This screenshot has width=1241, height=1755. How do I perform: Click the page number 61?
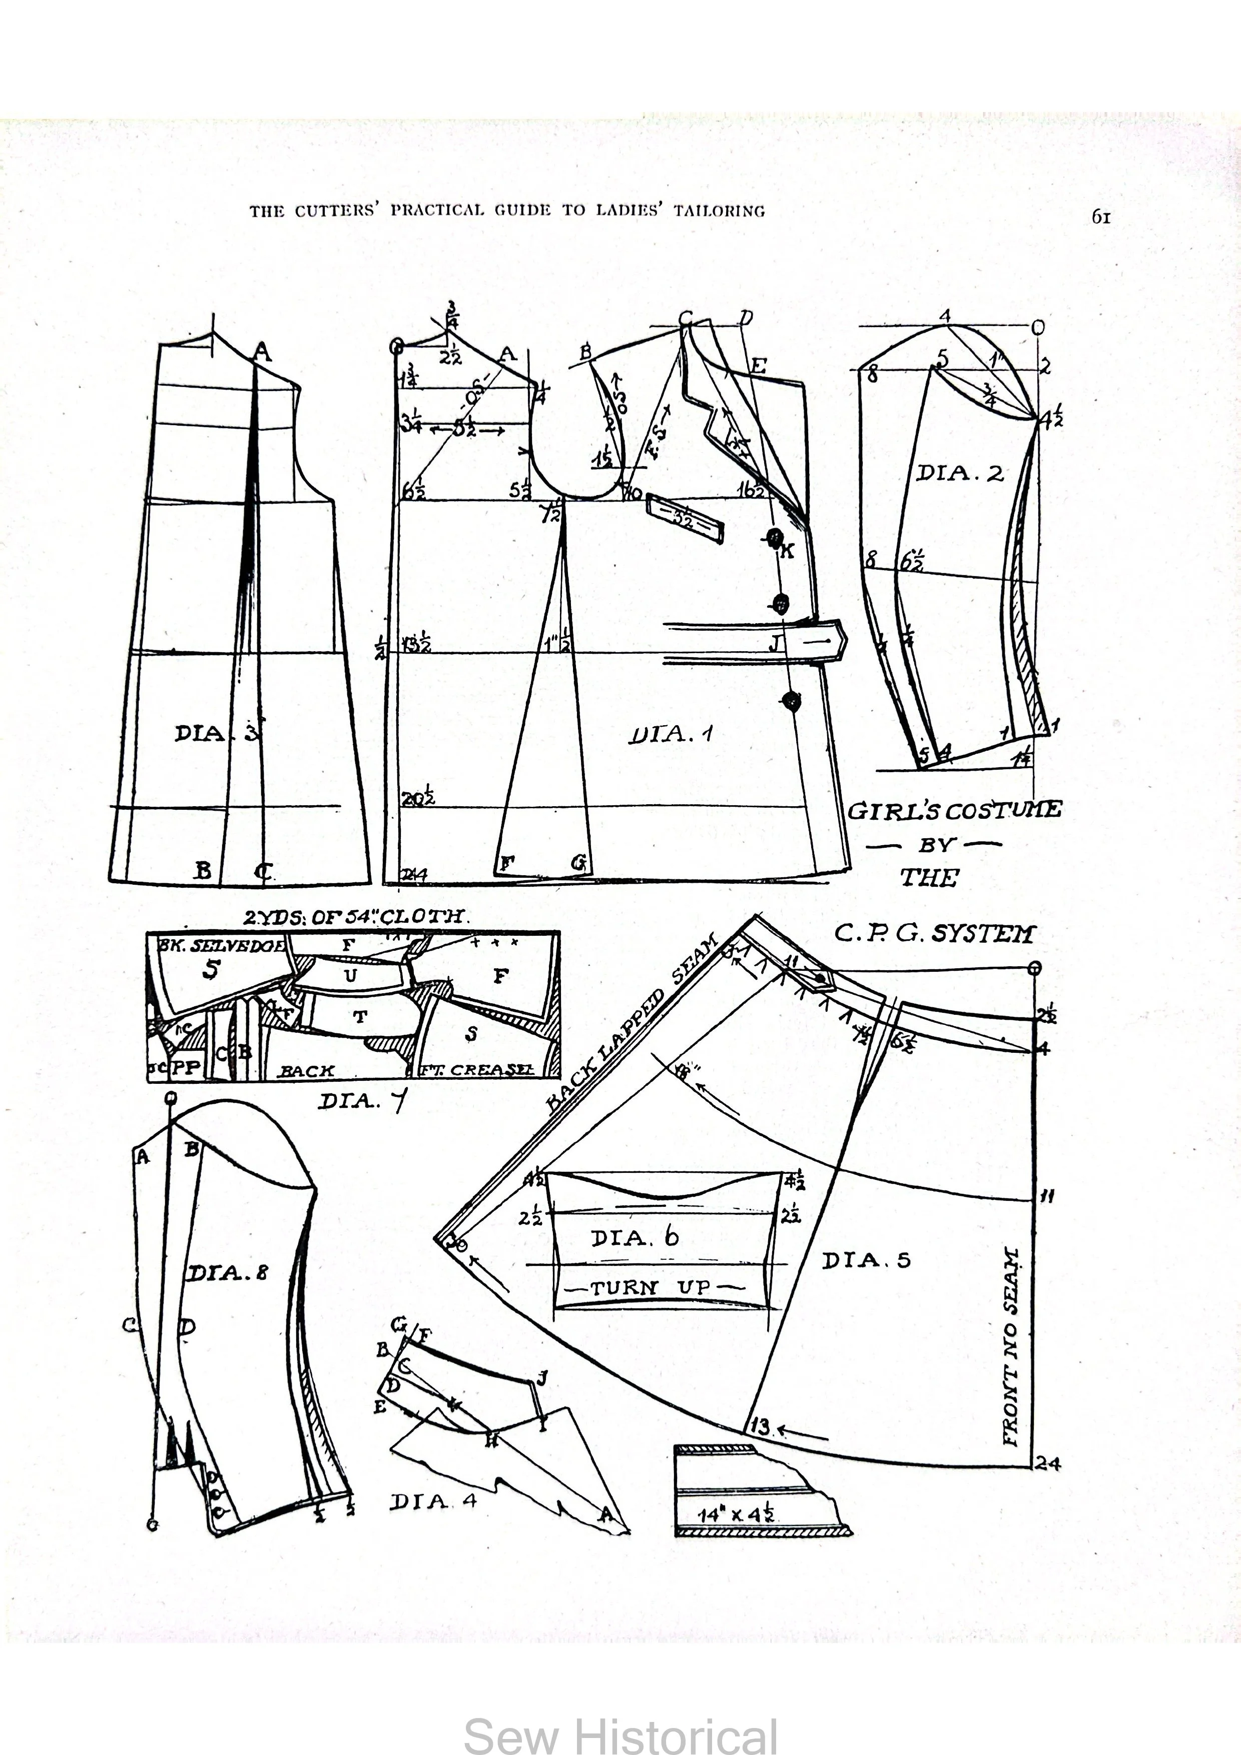click(1100, 217)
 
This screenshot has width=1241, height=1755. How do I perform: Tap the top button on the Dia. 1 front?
click(775, 538)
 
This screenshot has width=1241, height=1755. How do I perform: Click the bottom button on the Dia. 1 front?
click(792, 699)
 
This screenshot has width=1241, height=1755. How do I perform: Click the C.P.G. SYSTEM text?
click(934, 934)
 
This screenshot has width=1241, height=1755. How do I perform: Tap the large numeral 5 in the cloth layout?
click(211, 969)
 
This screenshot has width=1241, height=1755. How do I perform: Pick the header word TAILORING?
click(719, 211)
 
